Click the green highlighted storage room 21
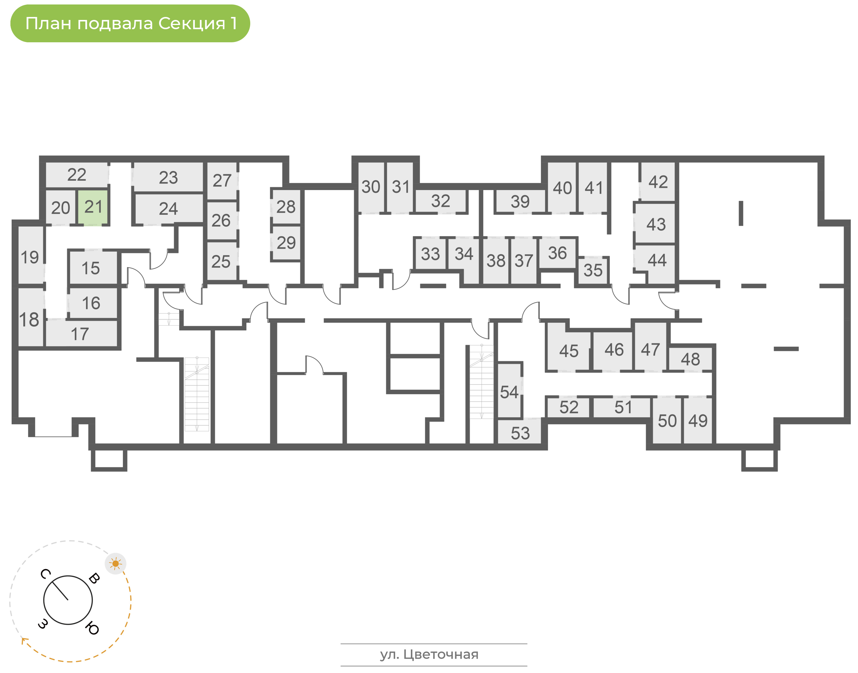[93, 207]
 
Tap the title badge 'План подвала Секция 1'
[130, 23]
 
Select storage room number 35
[593, 271]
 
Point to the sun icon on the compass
[116, 564]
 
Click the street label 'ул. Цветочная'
[429, 655]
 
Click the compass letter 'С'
[45, 574]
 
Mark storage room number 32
[441, 201]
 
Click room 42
[658, 182]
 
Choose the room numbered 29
[286, 243]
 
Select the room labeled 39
[520, 201]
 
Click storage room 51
[622, 407]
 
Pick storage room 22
[77, 175]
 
